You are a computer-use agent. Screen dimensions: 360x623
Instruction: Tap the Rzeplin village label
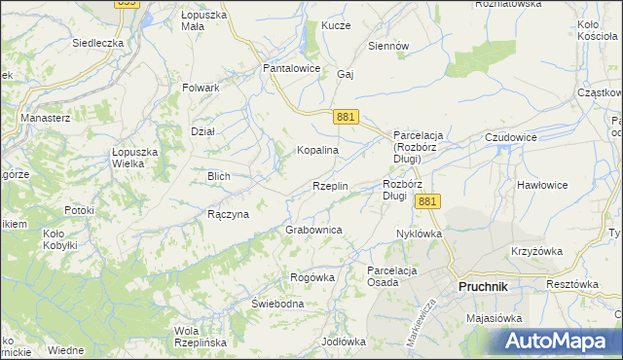point(330,186)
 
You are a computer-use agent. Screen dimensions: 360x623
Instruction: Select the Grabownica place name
point(312,230)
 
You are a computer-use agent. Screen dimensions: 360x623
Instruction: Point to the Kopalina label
point(317,151)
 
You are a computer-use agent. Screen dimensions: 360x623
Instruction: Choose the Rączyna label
point(228,214)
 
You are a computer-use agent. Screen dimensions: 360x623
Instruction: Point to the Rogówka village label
point(311,277)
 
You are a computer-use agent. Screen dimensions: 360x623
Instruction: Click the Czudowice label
point(511,137)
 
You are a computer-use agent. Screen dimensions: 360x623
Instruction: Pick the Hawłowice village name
point(542,184)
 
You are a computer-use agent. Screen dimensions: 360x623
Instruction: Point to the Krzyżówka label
point(536,251)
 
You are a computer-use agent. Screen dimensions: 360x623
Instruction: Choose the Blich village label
point(218,176)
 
